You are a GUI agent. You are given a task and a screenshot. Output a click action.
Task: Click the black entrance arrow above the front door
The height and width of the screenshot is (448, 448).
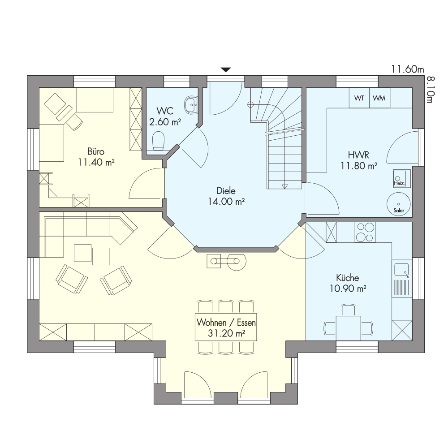[226, 70]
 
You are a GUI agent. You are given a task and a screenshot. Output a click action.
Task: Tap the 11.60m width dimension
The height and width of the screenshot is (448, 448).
[407, 69]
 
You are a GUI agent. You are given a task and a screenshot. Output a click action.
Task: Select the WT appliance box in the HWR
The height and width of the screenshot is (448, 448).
[359, 98]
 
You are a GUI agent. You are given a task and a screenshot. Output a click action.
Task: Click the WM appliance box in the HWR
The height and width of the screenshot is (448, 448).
[380, 98]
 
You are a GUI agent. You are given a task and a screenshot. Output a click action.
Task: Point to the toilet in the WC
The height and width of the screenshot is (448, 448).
[158, 140]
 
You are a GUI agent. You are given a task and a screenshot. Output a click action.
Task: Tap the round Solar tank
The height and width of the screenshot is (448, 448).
[399, 204]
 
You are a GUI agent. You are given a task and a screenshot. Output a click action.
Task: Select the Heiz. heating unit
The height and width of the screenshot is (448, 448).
[402, 178]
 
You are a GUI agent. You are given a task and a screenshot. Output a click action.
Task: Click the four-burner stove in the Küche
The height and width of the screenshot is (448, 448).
[365, 232]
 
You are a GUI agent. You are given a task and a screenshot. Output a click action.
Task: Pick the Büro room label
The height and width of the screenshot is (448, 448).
[96, 151]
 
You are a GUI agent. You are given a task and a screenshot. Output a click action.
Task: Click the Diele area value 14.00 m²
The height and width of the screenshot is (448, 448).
[226, 202]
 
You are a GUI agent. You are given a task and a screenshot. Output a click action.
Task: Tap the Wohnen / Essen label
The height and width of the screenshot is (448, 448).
[226, 323]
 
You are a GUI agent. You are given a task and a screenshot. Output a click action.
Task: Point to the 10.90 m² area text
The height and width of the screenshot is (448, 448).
[348, 289]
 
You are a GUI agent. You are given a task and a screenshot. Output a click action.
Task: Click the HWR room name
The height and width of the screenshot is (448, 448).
[358, 155]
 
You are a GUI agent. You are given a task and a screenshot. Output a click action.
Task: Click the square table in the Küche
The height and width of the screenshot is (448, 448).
[348, 328]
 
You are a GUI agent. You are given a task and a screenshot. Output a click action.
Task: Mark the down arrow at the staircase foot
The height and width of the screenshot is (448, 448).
[284, 186]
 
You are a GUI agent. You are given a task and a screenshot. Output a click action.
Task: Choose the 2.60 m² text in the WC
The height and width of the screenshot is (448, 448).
[165, 122]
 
